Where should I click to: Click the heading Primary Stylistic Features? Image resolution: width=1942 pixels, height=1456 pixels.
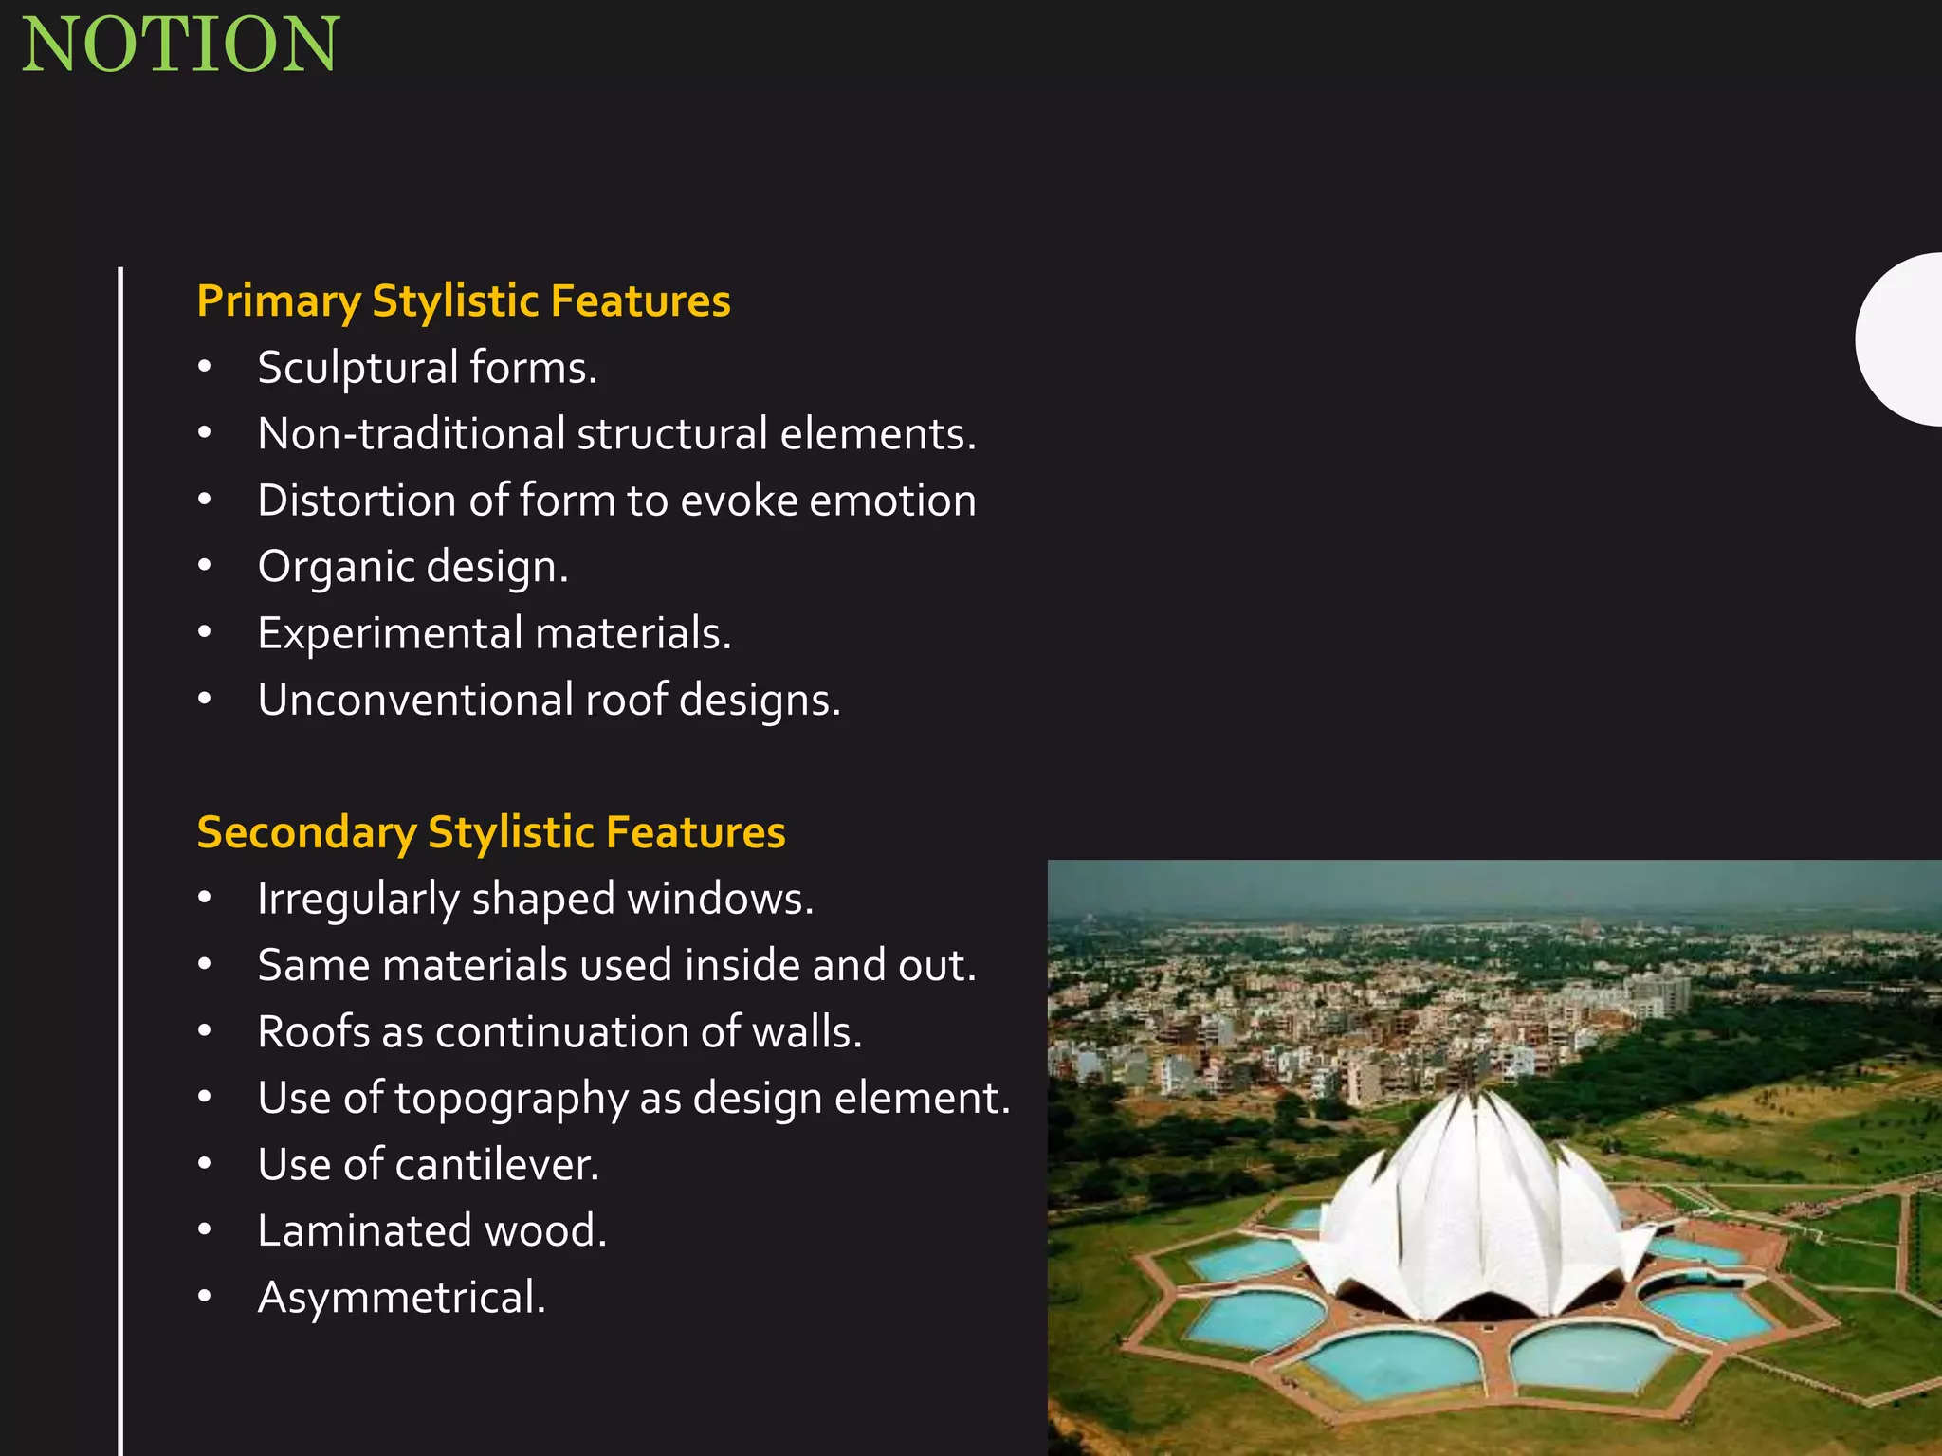(x=463, y=300)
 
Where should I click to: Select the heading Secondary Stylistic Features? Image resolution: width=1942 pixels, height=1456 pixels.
(x=490, y=831)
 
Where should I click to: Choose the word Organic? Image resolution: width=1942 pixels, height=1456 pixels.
(x=336, y=567)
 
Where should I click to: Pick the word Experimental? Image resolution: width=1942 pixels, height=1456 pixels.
(x=390, y=633)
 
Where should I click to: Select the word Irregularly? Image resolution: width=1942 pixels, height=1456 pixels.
(x=357, y=899)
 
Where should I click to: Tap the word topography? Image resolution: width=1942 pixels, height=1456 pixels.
(x=511, y=1098)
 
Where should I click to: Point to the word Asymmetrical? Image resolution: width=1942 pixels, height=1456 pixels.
(x=400, y=1297)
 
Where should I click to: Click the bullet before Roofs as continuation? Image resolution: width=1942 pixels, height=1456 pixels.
(x=205, y=1030)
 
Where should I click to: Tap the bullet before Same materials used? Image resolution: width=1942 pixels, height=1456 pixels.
(x=205, y=964)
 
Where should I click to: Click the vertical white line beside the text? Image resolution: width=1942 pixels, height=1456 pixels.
(x=120, y=853)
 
